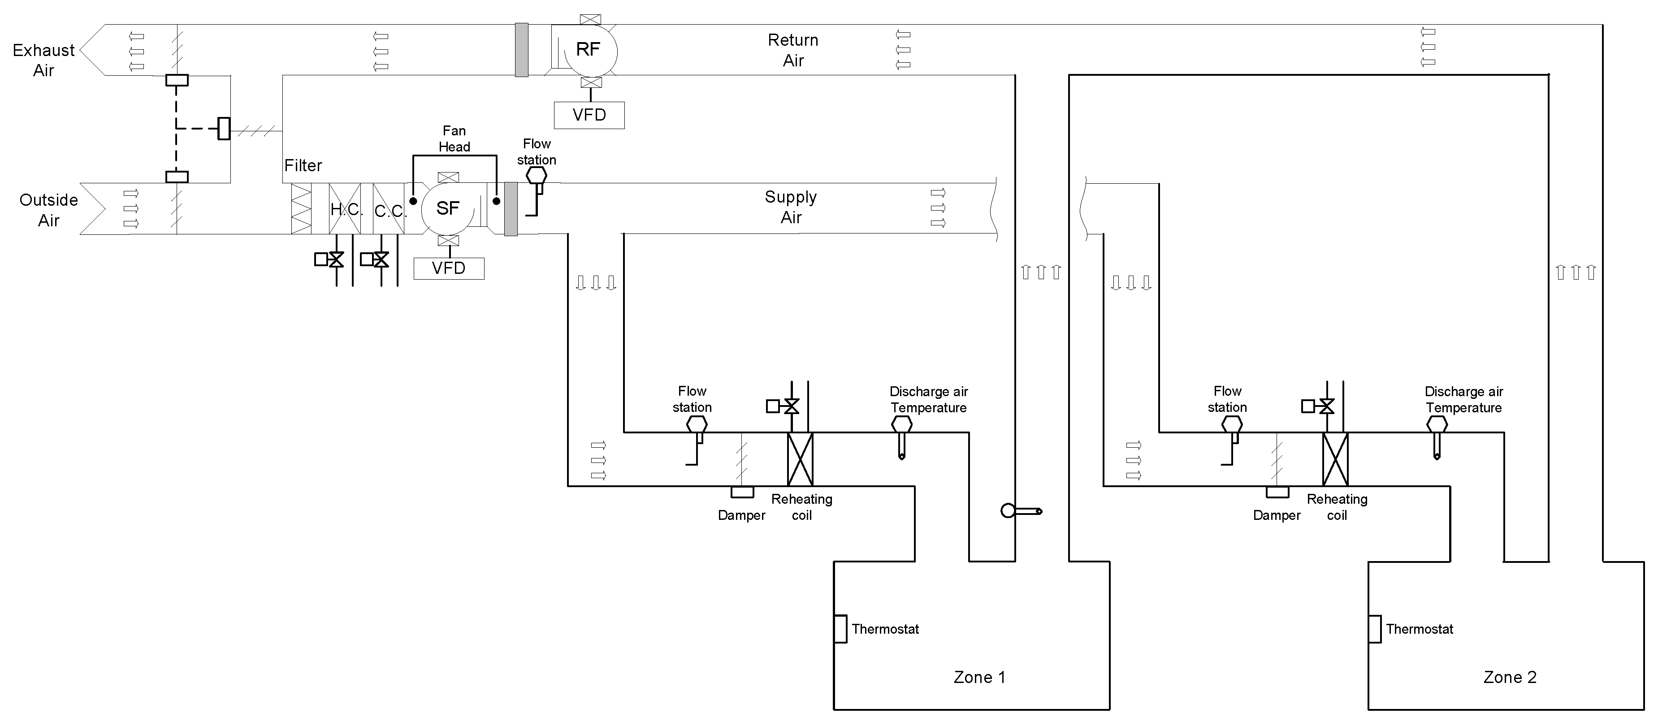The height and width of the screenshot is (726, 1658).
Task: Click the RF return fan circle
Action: pos(588,50)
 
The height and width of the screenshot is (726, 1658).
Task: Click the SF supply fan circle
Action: pos(448,208)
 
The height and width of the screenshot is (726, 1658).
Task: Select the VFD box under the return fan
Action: pos(589,115)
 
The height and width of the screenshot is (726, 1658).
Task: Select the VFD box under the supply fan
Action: pos(449,268)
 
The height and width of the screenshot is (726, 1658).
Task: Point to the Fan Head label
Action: pos(455,138)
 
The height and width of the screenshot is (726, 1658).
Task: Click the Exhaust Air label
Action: pos(44,60)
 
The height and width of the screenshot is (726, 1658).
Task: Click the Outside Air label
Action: pos(48,210)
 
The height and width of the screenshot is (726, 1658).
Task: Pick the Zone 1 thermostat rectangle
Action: pos(840,629)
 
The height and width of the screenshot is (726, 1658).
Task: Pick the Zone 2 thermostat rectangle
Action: pos(1375,629)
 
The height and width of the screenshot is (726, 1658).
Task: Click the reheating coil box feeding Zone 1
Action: pos(800,459)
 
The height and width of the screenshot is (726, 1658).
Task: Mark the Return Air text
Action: pos(793,50)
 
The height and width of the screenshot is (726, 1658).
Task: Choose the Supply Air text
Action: pos(791,207)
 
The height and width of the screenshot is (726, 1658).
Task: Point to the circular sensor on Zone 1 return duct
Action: pos(1009,511)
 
